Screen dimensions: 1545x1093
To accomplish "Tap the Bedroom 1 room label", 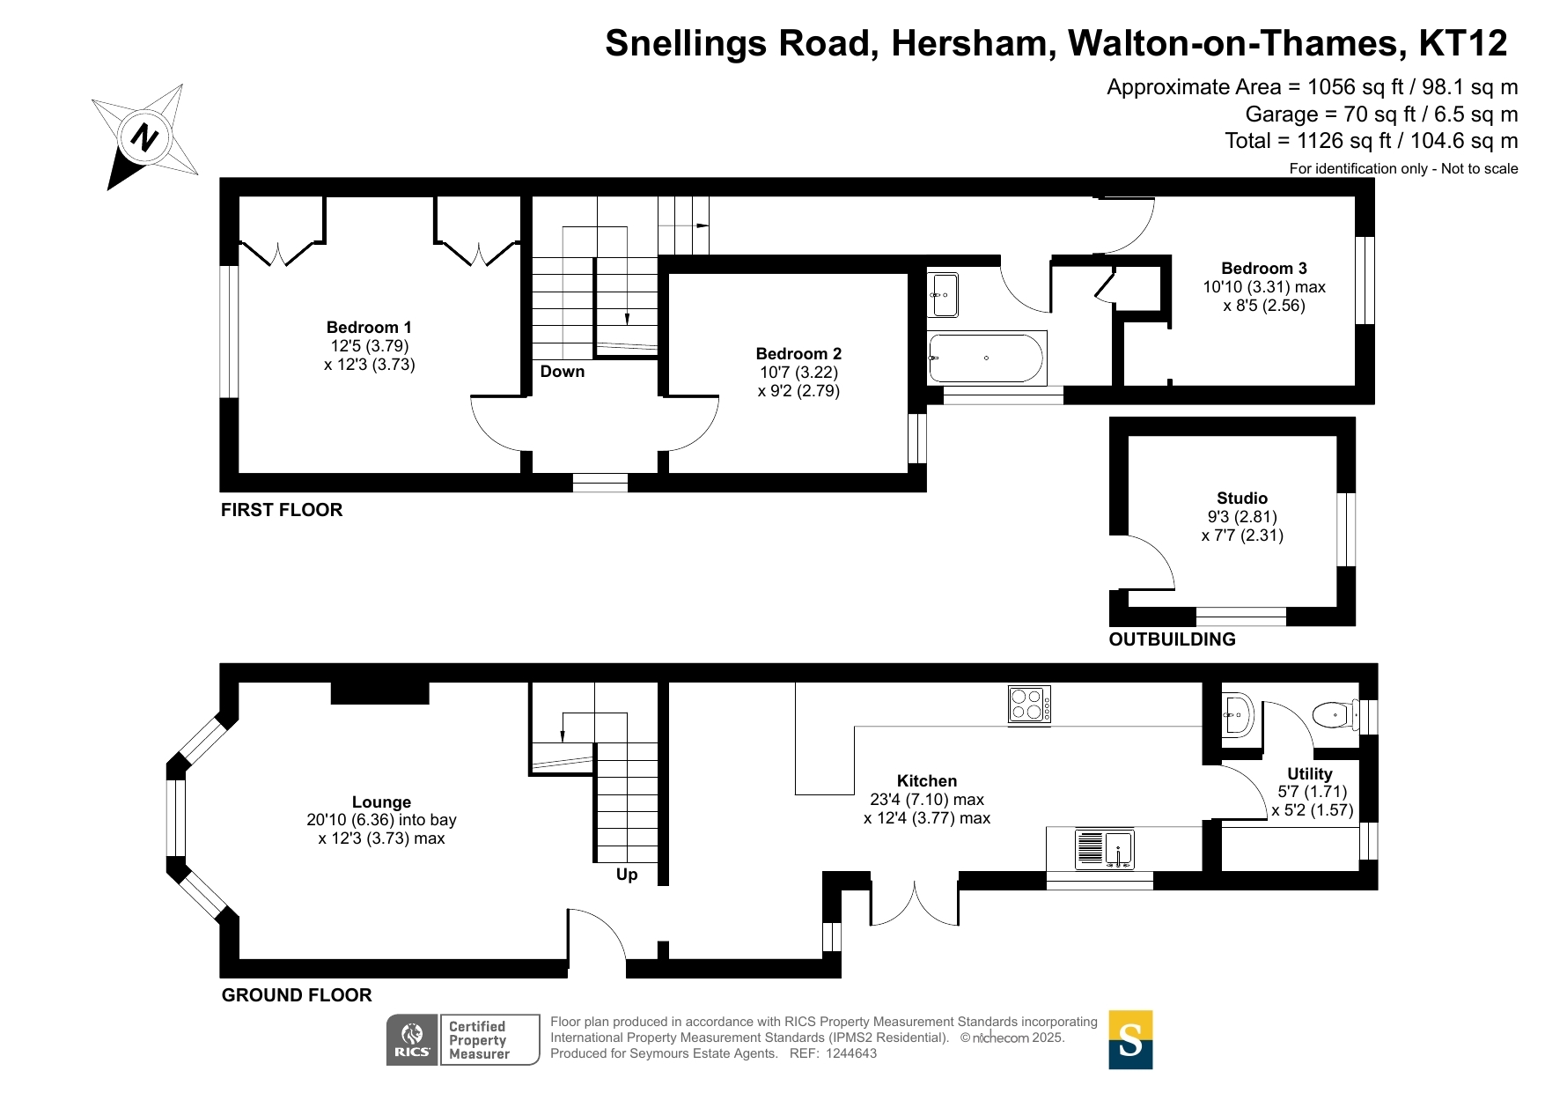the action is tap(369, 328).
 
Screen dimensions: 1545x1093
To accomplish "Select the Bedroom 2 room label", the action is tap(798, 354).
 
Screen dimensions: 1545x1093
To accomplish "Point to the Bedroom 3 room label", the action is tap(1264, 269).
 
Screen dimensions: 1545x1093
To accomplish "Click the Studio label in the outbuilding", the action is tap(1242, 498).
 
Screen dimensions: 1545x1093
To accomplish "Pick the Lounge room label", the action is tap(381, 802).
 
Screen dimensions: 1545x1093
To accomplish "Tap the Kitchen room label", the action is tap(927, 781).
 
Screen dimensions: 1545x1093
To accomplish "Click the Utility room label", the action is tap(1310, 774).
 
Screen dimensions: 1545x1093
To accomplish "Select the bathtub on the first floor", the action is tap(987, 358).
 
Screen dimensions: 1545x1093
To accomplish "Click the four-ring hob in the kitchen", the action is tap(1029, 705).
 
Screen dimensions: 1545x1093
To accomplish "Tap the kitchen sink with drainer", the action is tap(1105, 850).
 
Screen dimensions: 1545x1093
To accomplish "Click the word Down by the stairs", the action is tap(563, 372).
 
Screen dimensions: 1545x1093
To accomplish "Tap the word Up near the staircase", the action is tap(627, 875).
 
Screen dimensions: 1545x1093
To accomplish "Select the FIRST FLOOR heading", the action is tap(282, 510).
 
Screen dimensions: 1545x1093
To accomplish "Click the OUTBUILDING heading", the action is tap(1173, 639).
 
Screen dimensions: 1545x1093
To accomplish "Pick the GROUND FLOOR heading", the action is tap(297, 995).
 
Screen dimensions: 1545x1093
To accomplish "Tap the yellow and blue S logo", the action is tap(1130, 1040).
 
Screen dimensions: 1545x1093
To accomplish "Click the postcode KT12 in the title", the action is tap(1463, 43).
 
